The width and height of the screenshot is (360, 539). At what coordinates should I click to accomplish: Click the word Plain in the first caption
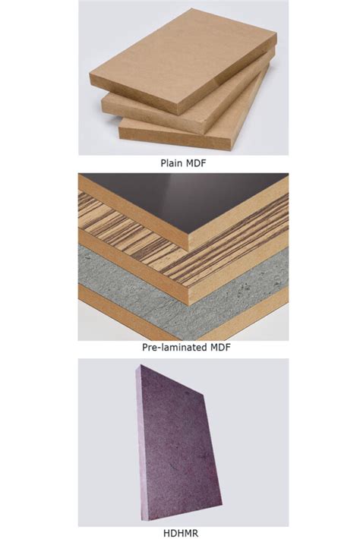click(172, 162)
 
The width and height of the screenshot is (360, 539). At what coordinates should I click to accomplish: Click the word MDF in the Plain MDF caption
click(196, 162)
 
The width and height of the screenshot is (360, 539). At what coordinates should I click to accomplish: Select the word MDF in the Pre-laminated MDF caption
click(219, 347)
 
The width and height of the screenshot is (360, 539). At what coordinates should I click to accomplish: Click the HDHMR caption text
click(181, 533)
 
